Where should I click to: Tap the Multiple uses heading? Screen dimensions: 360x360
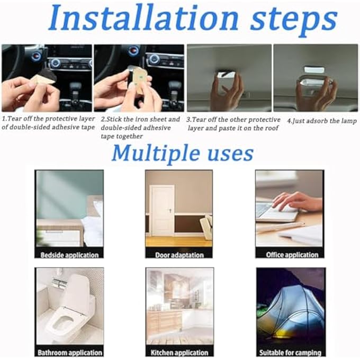(183, 152)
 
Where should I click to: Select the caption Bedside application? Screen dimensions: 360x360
(69, 255)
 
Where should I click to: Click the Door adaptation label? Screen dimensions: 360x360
(179, 255)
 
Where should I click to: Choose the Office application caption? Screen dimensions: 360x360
(292, 255)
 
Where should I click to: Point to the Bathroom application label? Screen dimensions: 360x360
(70, 353)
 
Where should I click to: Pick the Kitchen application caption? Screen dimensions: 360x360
(179, 353)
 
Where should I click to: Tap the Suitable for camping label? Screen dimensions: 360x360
(290, 353)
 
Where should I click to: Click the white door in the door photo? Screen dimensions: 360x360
(163, 210)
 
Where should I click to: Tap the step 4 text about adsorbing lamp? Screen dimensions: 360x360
(322, 121)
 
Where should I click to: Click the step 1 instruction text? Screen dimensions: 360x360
(48, 123)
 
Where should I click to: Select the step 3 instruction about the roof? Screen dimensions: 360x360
(233, 124)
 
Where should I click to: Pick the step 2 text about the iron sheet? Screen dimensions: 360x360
(140, 128)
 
